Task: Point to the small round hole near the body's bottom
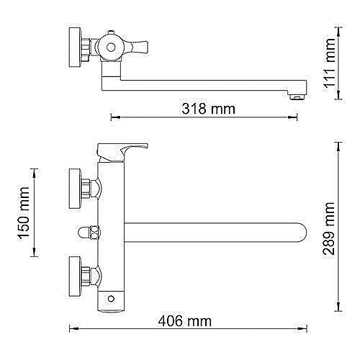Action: point(112,298)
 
